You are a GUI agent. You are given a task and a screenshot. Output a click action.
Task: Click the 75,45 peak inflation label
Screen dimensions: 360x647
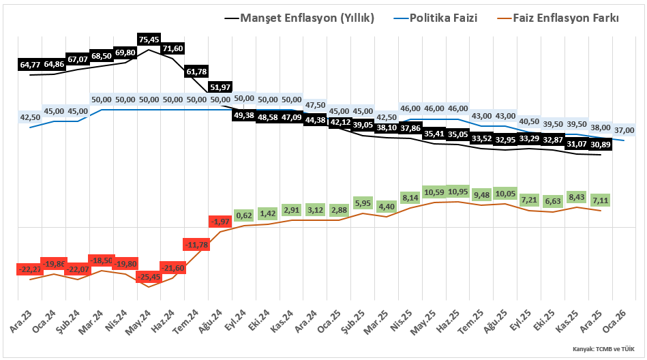pyautogui.click(x=149, y=40)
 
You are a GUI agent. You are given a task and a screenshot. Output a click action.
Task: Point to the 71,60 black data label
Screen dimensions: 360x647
pyautogui.click(x=172, y=48)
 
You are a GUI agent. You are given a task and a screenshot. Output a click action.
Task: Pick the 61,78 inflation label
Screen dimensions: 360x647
pyautogui.click(x=196, y=71)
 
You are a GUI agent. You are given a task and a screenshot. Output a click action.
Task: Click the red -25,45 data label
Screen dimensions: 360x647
pyautogui.click(x=149, y=277)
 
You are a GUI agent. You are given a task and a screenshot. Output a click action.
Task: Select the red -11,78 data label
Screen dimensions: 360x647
pyautogui.click(x=196, y=244)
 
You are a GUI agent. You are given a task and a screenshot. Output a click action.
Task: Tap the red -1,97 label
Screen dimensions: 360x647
pyautogui.click(x=220, y=222)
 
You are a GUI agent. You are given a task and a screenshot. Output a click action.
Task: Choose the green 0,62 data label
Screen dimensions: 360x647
pyautogui.click(x=243, y=215)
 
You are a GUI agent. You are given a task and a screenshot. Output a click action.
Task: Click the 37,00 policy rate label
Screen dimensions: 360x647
pyautogui.click(x=624, y=130)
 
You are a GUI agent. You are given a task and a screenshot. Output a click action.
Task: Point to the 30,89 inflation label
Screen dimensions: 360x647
pyautogui.click(x=600, y=145)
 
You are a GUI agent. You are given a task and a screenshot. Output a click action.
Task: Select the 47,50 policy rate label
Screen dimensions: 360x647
pyautogui.click(x=315, y=105)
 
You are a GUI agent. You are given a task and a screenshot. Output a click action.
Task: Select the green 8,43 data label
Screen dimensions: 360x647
pyautogui.click(x=577, y=197)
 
